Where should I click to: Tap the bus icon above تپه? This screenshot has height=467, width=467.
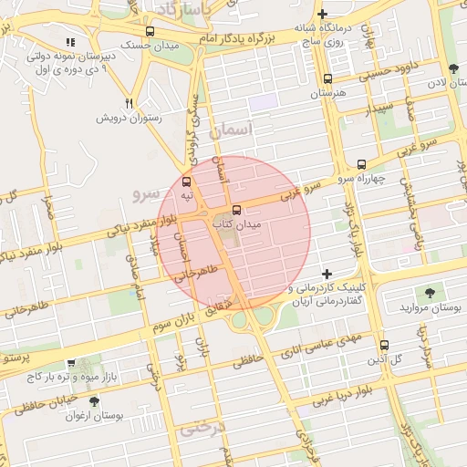187,182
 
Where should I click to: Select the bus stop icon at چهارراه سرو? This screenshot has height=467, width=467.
362,165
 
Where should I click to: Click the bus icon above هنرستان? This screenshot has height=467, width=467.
328,79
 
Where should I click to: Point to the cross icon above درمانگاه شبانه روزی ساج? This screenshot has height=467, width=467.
322,14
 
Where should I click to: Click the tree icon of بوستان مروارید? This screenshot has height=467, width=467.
430,293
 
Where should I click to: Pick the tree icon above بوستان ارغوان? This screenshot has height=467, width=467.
94,401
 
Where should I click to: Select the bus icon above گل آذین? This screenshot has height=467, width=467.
384,346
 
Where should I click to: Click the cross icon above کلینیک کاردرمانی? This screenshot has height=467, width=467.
327,274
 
